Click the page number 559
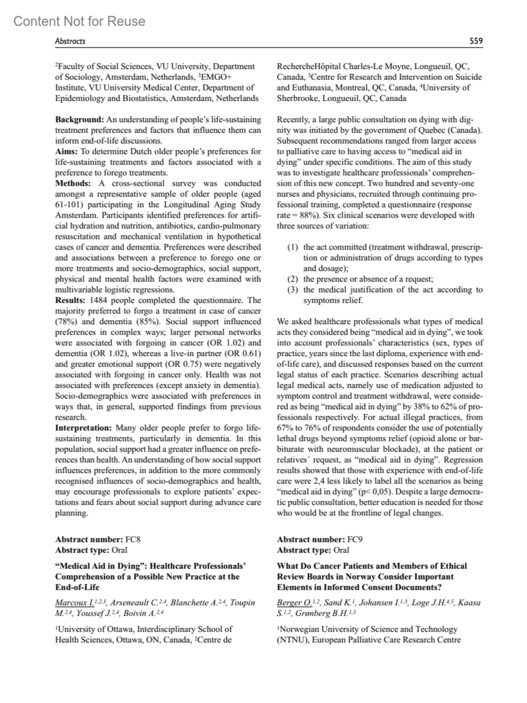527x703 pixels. (476, 41)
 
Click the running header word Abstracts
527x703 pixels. (70, 41)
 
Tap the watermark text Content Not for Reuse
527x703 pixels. (79, 21)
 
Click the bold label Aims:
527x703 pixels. (66, 151)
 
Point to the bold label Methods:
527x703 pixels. (73, 183)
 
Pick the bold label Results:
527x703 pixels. (70, 300)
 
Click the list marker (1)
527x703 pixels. (292, 247)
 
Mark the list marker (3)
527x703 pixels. (292, 290)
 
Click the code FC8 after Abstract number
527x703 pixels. (133, 540)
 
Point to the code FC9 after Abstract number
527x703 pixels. (355, 540)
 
